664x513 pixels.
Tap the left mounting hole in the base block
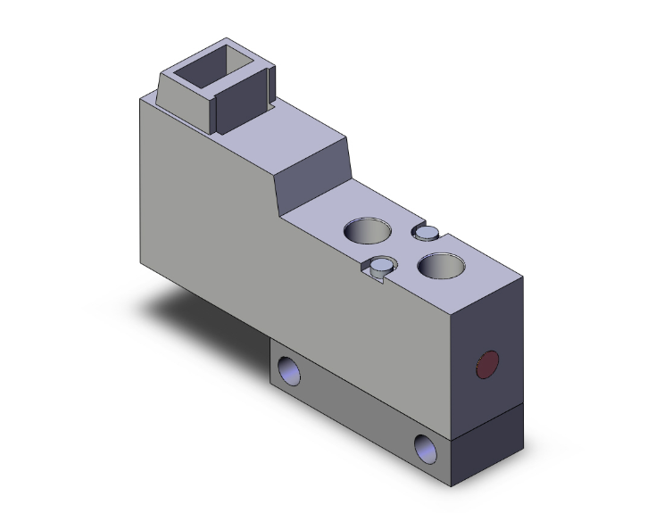tap(289, 368)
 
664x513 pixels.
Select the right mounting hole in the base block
tap(427, 446)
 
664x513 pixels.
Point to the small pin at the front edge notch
tap(383, 264)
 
